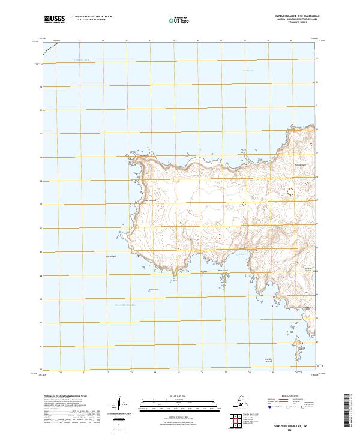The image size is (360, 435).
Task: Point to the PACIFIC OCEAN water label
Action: tap(125, 305)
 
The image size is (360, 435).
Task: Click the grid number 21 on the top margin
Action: tap(79, 41)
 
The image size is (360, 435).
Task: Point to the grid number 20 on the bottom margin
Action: tap(62, 373)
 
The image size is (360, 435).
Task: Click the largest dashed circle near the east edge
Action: tap(291, 192)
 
